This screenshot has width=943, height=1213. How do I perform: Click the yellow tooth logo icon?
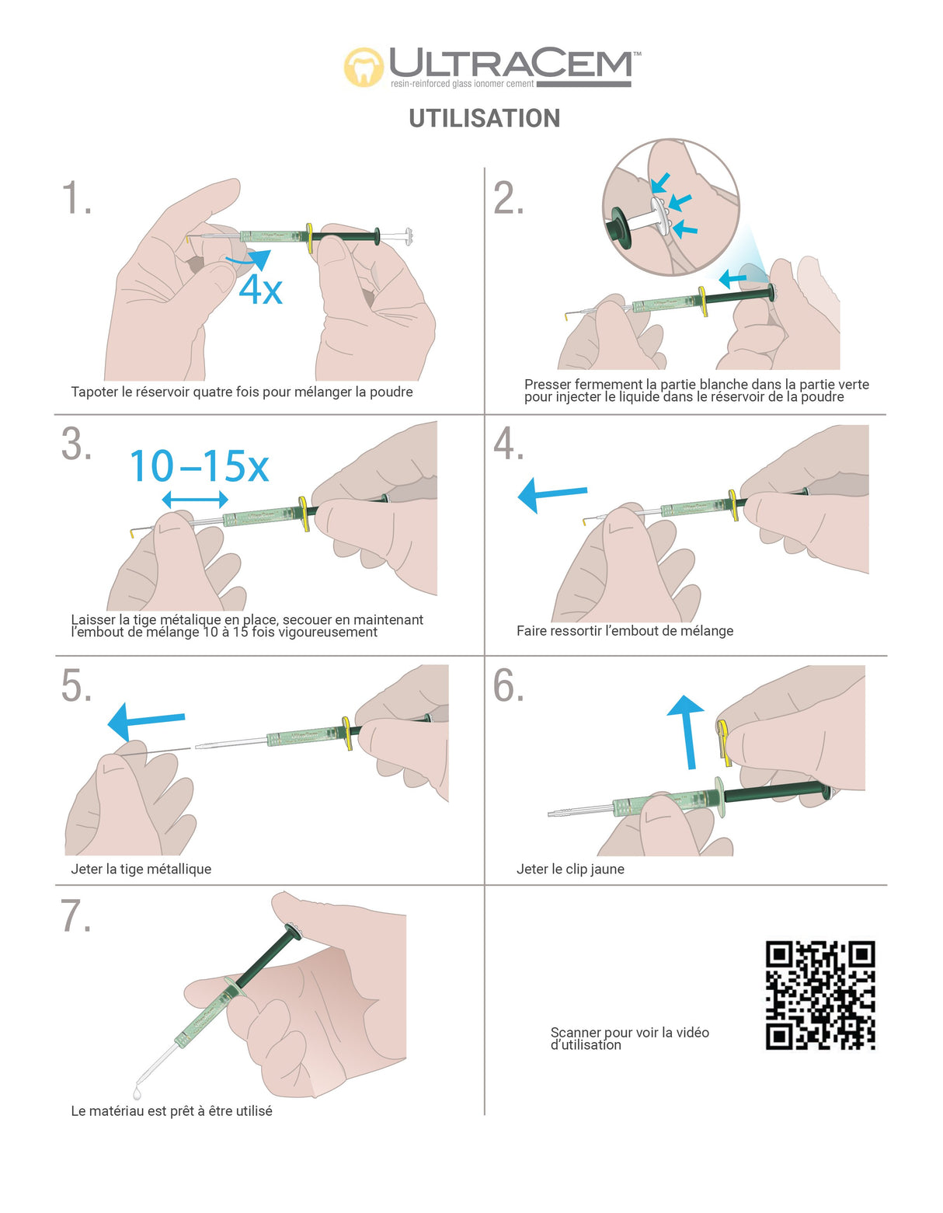point(364,67)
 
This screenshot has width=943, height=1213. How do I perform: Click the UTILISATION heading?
point(485,118)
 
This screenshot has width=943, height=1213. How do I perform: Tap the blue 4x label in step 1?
point(260,291)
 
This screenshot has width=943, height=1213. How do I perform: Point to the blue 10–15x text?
point(199,466)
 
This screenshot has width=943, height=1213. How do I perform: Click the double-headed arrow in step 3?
point(195,499)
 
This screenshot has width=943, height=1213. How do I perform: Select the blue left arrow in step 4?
point(552,494)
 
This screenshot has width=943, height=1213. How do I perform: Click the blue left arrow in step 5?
point(146,720)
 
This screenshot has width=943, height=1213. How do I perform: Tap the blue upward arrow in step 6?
point(687,732)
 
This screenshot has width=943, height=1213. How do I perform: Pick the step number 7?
point(76,916)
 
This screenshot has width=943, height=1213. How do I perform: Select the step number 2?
point(508,198)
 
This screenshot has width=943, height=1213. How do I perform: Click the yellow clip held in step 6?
point(723,741)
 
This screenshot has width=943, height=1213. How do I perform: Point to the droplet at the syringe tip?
point(137,1091)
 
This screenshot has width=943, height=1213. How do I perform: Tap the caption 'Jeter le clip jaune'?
point(570,869)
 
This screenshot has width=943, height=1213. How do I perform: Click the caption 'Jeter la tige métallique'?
point(141,869)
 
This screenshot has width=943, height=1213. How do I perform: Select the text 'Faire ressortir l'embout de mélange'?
point(625,631)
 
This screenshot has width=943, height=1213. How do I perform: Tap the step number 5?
point(76,686)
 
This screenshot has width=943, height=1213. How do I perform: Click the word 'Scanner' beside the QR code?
point(576,1033)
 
